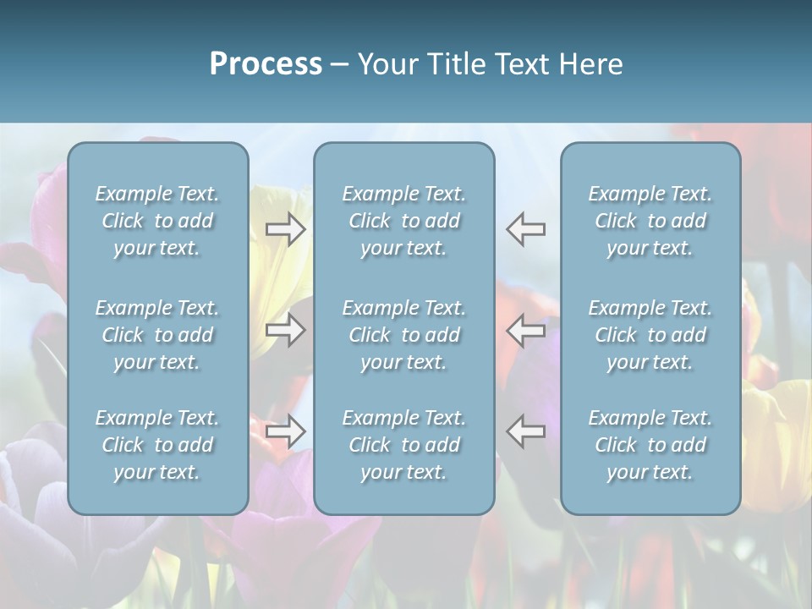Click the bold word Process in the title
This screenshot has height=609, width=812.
(x=266, y=64)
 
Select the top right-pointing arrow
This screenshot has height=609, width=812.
(x=286, y=229)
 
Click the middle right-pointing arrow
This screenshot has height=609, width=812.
(x=286, y=330)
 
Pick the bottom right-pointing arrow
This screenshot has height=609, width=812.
(x=286, y=431)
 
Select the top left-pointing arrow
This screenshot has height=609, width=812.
(x=525, y=229)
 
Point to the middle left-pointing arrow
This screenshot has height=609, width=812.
(x=525, y=330)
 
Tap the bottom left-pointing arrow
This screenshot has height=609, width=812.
(x=525, y=431)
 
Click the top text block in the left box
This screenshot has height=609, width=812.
(x=157, y=221)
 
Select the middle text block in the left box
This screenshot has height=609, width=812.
(x=157, y=335)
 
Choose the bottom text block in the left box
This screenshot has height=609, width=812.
(x=157, y=445)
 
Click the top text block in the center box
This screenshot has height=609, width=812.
(x=404, y=221)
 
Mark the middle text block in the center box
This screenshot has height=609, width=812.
(x=404, y=335)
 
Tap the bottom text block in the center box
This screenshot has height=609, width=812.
(x=404, y=445)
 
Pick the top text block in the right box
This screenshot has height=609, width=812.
(x=650, y=221)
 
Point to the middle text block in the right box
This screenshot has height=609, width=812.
(x=650, y=335)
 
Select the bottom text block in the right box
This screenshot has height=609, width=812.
(x=650, y=445)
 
